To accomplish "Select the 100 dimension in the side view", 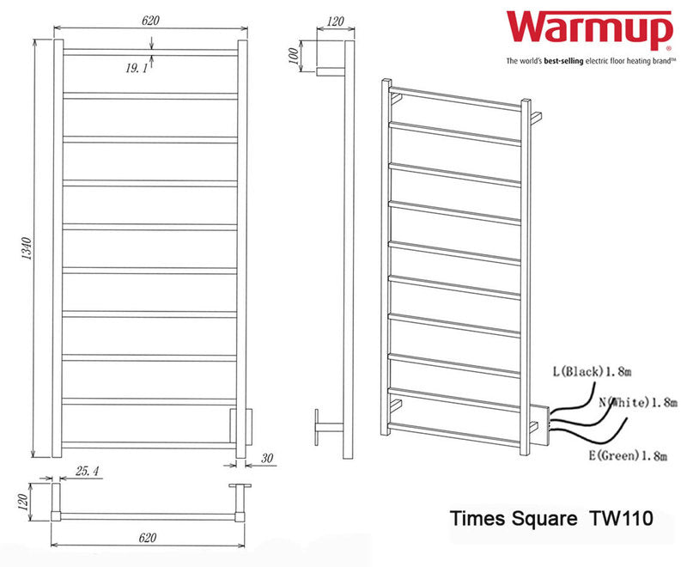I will pyautogui.click(x=295, y=58).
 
